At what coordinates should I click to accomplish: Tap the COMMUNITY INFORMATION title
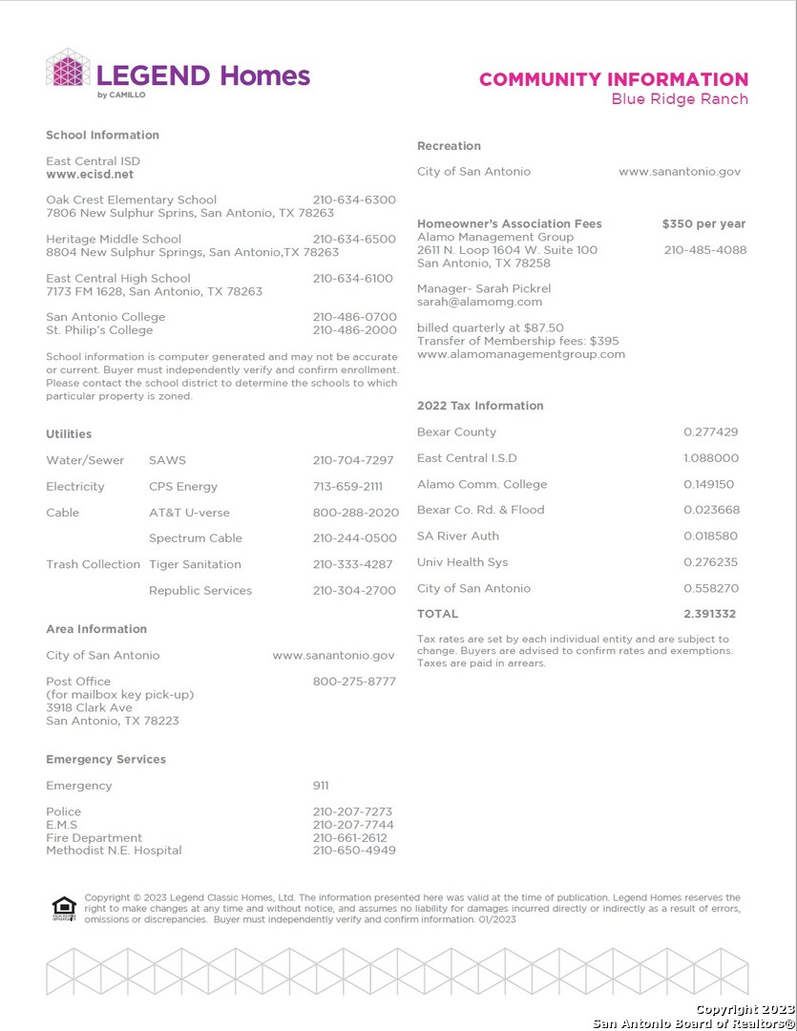coord(614,79)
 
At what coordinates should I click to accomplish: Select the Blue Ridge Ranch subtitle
coord(680,99)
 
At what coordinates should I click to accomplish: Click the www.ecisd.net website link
coord(90,175)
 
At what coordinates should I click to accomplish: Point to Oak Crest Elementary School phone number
coord(353,200)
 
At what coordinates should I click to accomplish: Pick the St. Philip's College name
coord(99,330)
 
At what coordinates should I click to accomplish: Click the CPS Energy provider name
coord(183,486)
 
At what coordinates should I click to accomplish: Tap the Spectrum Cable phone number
coord(353,538)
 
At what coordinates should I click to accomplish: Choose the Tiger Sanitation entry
coord(195,564)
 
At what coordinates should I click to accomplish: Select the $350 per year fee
coord(703,223)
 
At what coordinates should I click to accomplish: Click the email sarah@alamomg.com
coord(479,302)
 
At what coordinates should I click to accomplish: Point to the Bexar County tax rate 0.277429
coord(710,431)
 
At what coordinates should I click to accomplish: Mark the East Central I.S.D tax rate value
coord(710,458)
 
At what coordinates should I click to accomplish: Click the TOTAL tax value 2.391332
coord(709,614)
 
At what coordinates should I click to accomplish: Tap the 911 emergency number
coord(321,786)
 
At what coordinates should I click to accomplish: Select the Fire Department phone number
coord(349,837)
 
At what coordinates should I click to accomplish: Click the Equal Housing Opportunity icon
coord(64,909)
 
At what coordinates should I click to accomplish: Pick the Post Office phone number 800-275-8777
coord(353,682)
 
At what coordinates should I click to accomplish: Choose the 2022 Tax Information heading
coord(480,406)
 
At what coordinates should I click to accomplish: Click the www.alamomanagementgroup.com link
coord(521,354)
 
